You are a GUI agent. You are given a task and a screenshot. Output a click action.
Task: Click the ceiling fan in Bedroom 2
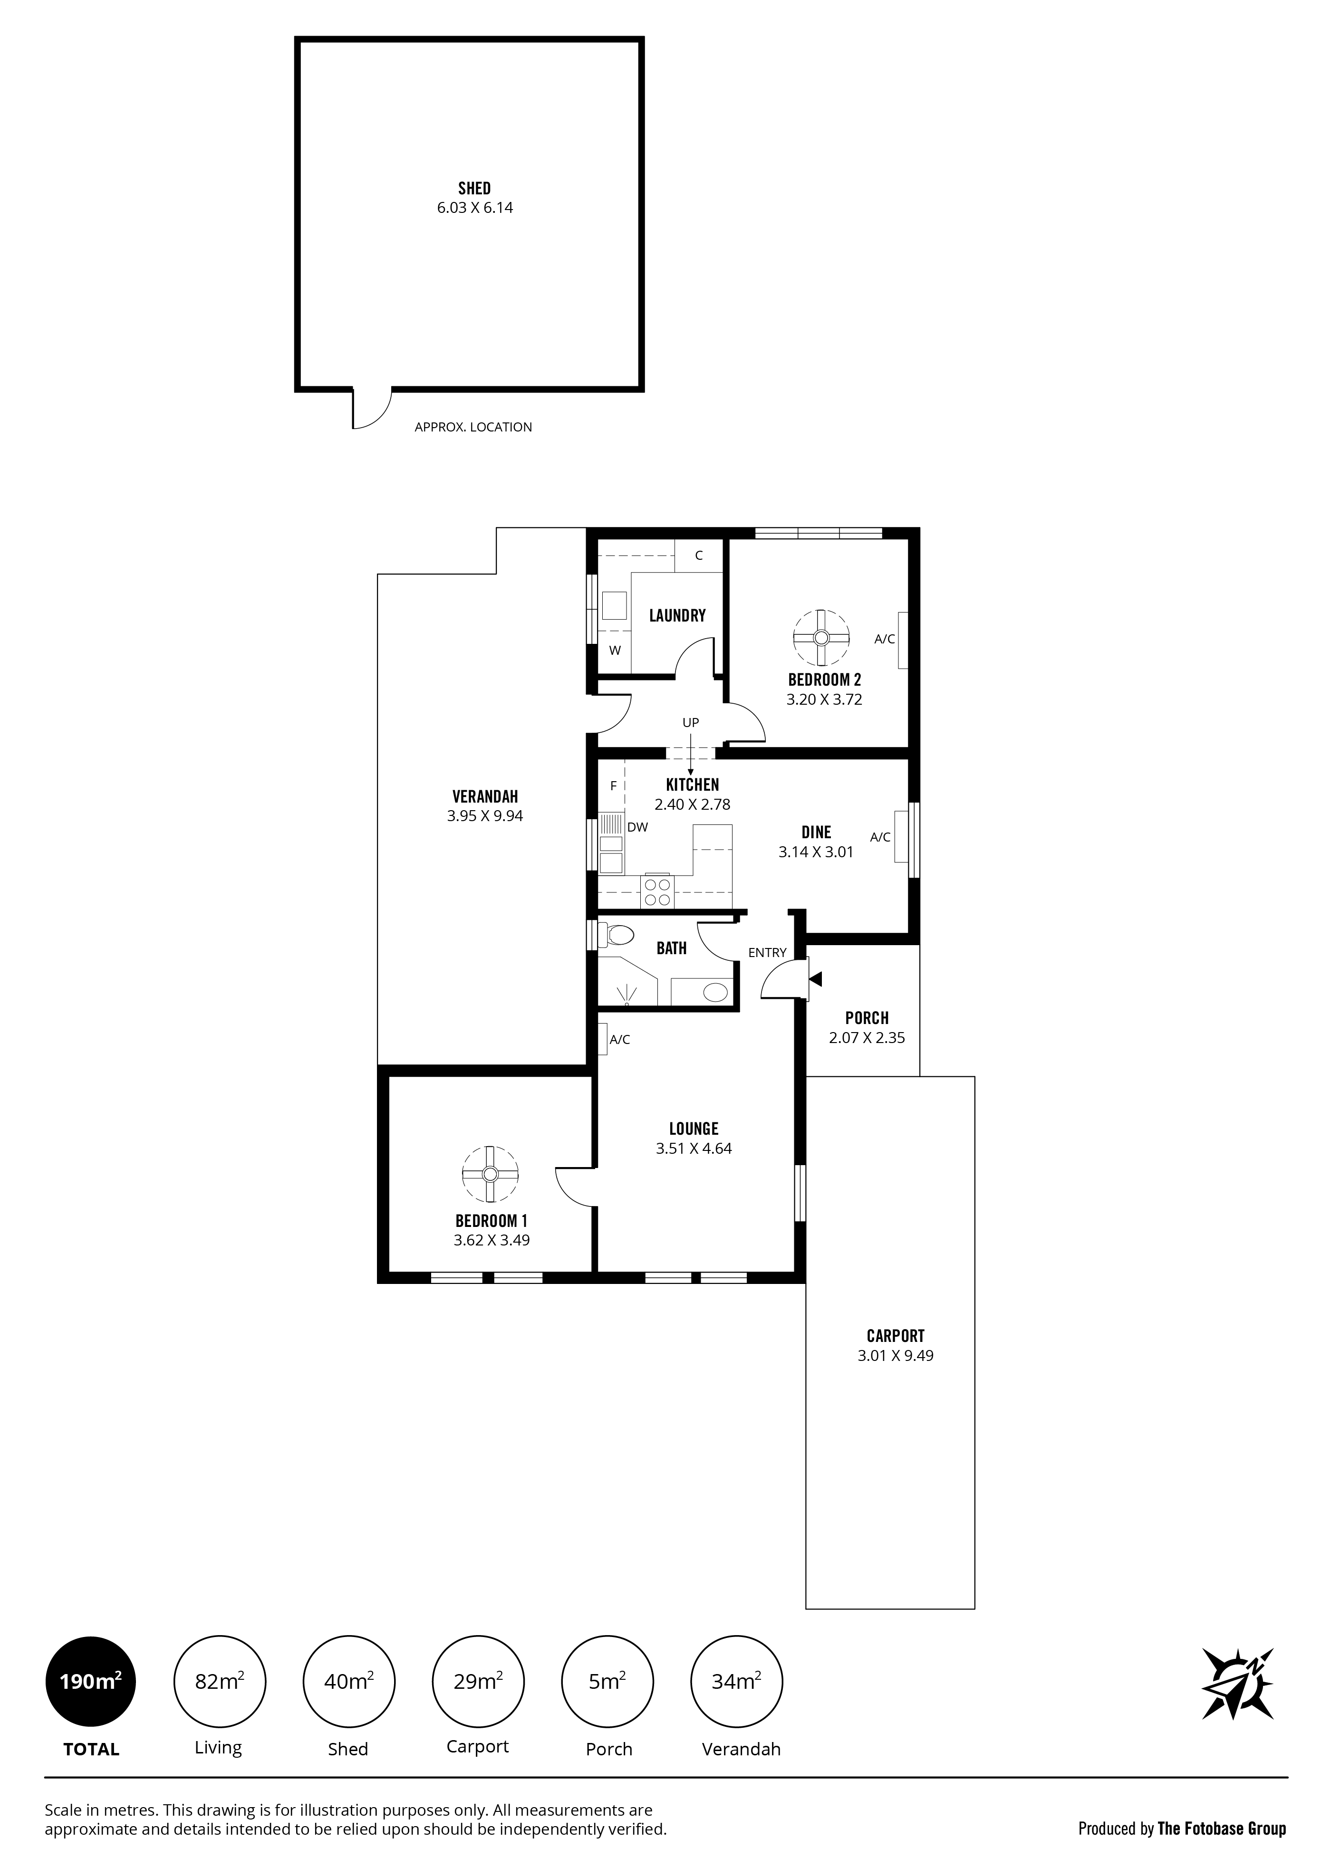821,638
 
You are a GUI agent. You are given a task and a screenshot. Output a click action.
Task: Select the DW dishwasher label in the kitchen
638,828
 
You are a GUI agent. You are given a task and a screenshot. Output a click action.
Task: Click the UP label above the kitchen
691,722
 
